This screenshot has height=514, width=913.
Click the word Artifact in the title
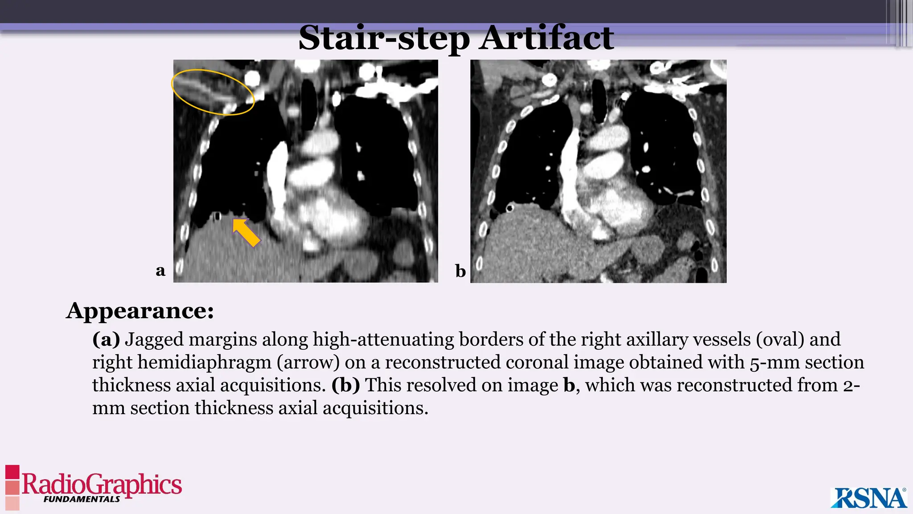tap(547, 38)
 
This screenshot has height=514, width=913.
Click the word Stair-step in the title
tap(384, 38)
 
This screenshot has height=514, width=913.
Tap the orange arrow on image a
tap(246, 232)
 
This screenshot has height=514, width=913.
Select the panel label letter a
tap(160, 270)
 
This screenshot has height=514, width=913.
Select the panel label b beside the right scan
tap(460, 271)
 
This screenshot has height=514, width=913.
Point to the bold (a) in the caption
tap(106, 339)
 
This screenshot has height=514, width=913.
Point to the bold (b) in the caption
tap(345, 385)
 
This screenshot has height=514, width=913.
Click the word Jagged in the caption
tap(154, 339)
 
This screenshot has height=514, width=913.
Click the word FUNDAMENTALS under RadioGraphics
tap(82, 499)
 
